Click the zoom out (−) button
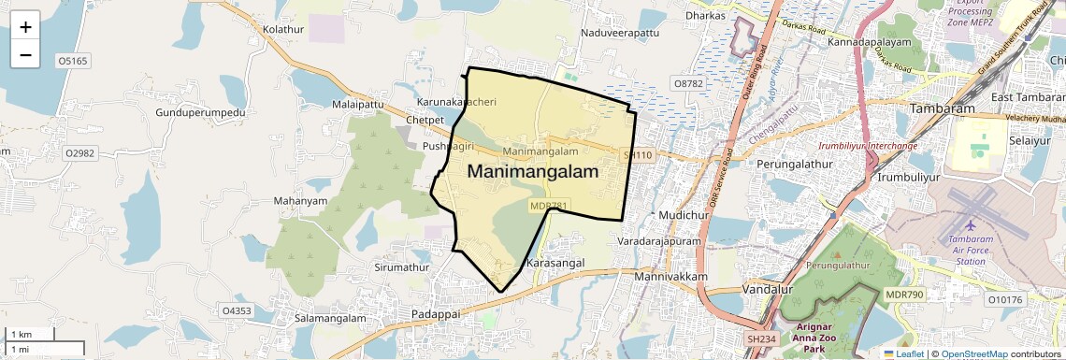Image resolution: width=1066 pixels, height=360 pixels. (x=25, y=55)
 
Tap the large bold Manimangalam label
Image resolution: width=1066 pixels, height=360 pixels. (x=532, y=172)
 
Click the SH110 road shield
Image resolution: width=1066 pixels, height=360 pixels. (x=637, y=154)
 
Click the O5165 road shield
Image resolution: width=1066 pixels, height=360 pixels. (x=72, y=61)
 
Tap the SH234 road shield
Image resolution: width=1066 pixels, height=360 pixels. (x=761, y=338)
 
